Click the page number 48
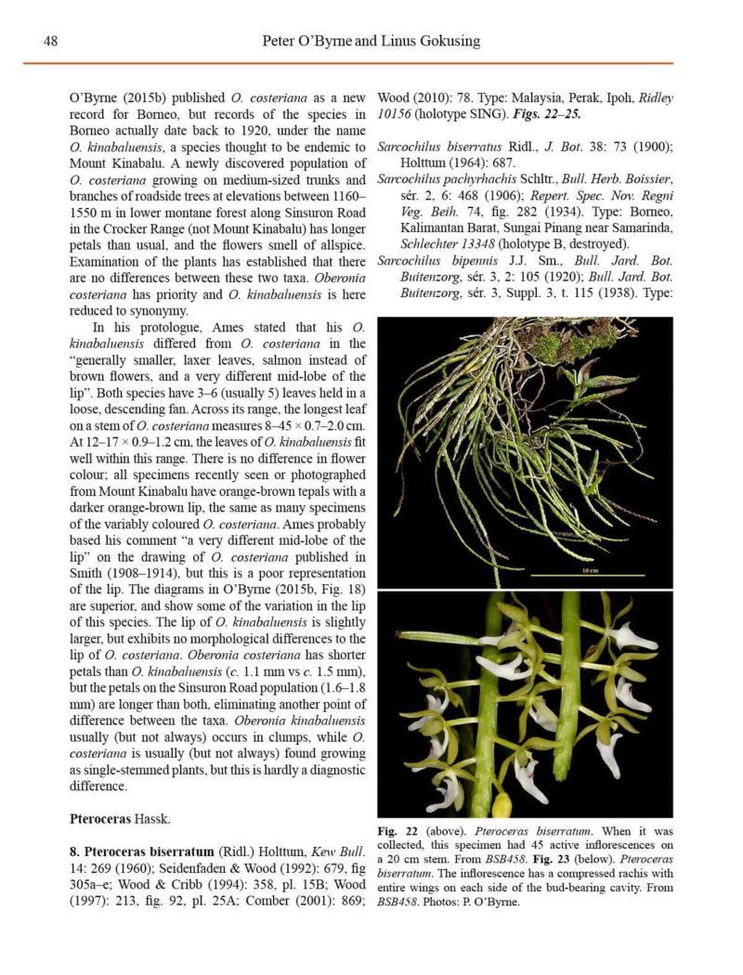(51, 42)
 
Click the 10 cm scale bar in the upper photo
(589, 572)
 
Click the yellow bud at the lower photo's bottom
(502, 804)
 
